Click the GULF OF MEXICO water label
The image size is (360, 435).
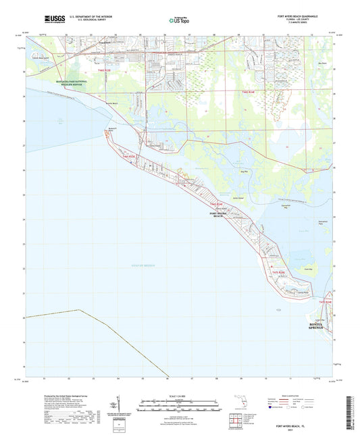tap(144, 265)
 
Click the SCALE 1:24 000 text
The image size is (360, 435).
tap(179, 395)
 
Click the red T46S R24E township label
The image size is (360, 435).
tap(216, 204)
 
